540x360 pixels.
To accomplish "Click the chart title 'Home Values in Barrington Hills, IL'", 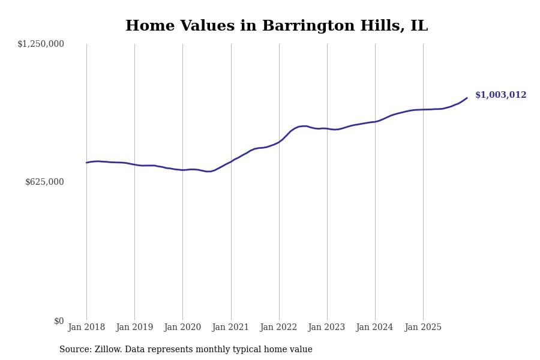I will [276, 26].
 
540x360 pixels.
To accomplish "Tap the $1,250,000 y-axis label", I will [41, 44].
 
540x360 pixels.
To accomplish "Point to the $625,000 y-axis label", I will [44, 182].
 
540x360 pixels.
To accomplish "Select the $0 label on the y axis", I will [59, 321].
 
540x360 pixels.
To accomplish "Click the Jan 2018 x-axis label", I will [86, 328].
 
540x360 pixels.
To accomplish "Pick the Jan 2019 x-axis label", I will [134, 328].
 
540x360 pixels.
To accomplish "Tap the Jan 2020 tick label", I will [182, 328].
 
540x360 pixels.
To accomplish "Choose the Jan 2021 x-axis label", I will [230, 328].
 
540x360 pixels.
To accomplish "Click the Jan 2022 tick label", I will [279, 328].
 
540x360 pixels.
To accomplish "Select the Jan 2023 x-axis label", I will [326, 328].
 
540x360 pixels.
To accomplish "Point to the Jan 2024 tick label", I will [374, 328].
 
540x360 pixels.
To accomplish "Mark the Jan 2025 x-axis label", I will [423, 328].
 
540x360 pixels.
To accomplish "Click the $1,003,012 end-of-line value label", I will [500, 95].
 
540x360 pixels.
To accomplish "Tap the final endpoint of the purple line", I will [467, 98].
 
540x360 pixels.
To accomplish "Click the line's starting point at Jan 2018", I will [86, 163].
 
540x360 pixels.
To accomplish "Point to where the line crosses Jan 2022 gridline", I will [279, 142].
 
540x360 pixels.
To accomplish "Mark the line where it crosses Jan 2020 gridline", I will [182, 170].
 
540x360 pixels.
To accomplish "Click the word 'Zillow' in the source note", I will [108, 350].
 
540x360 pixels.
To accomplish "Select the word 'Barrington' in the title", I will [302, 26].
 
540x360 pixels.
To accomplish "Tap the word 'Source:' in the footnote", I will [76, 350].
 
